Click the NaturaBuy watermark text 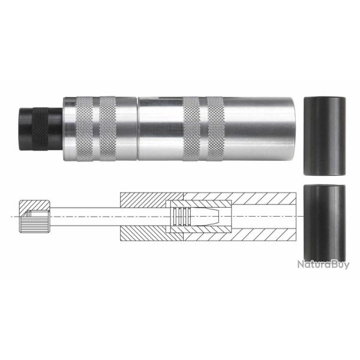[323, 264]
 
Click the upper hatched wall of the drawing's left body [144, 199]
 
